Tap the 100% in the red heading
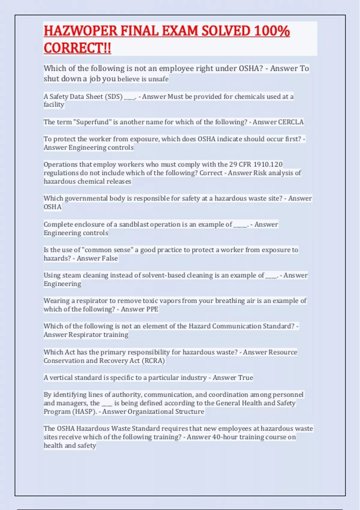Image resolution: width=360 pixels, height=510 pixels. click(x=271, y=31)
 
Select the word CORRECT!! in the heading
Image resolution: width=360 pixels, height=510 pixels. click(x=77, y=48)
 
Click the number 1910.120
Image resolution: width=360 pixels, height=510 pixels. click(x=268, y=164)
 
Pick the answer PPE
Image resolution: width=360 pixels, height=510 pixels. click(x=152, y=309)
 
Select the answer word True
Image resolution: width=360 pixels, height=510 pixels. click(x=246, y=378)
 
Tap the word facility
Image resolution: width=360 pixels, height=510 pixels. click(x=54, y=105)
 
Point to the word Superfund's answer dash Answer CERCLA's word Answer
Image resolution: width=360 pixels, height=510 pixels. click(x=264, y=122)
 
